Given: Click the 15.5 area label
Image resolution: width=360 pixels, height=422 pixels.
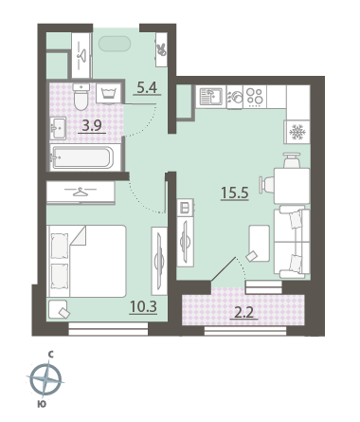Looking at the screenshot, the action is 235,193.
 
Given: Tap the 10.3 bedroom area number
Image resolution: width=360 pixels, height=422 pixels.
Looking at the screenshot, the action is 143,306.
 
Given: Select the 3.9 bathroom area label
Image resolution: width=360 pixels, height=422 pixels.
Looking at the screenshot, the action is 92,126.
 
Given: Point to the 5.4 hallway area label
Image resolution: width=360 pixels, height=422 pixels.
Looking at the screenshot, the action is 147,87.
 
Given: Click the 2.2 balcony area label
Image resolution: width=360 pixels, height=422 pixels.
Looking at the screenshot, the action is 243,313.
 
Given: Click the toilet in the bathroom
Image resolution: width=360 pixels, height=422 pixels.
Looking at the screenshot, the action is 81,96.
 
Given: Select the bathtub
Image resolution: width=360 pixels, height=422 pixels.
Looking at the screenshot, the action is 82,157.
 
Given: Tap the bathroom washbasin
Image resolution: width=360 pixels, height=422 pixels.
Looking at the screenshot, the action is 58,128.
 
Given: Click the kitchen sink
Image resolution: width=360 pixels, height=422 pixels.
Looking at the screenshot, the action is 211,97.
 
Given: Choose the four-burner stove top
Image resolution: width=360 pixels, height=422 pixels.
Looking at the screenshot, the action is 255,96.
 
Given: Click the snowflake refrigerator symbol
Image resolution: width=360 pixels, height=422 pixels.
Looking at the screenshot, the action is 297,133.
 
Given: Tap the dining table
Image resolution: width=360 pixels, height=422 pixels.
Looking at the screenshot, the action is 292,186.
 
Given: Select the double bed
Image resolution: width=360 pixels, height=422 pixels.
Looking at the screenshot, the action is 86,261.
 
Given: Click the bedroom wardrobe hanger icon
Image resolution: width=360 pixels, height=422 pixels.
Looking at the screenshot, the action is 81,192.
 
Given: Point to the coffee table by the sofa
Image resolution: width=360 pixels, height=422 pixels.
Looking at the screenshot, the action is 260,243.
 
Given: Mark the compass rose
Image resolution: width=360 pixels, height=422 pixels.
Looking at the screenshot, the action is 46,379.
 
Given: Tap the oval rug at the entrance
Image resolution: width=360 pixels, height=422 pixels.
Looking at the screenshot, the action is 115,44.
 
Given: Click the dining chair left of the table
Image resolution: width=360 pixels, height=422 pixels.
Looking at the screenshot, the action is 266,184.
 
